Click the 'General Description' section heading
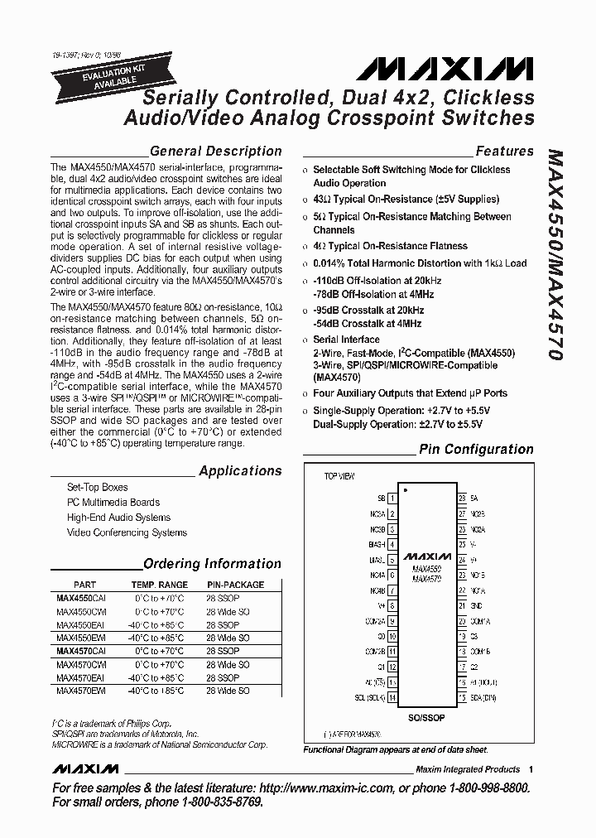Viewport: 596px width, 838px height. (x=215, y=151)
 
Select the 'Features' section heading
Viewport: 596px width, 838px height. (x=504, y=151)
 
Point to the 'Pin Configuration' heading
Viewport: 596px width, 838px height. (x=476, y=449)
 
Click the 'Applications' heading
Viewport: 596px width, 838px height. (x=240, y=470)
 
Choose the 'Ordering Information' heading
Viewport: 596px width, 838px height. (x=212, y=563)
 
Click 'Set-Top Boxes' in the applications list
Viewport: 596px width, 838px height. (x=98, y=487)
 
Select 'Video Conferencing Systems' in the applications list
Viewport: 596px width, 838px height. (x=127, y=532)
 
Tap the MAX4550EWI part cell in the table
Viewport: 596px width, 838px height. (x=81, y=638)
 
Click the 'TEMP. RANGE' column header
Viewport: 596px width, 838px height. (x=158, y=585)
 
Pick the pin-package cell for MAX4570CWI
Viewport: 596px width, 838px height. (x=228, y=665)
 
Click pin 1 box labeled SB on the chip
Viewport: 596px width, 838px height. (x=392, y=498)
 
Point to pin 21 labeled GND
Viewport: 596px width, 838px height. (x=462, y=606)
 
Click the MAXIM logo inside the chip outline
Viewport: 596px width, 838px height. (x=426, y=557)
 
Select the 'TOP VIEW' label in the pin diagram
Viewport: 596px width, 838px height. (x=339, y=477)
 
